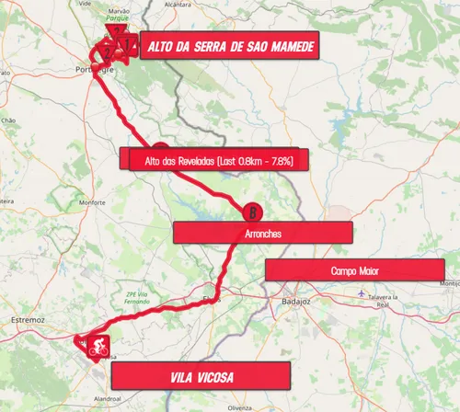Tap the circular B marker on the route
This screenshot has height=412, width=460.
pos(250,212)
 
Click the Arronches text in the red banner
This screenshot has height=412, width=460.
pos(263,234)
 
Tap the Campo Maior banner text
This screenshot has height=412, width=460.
pos(355,271)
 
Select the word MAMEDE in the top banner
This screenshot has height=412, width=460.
pos(284,46)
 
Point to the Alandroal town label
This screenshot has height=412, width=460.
pos(108,398)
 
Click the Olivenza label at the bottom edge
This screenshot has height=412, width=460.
pos(239,406)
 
